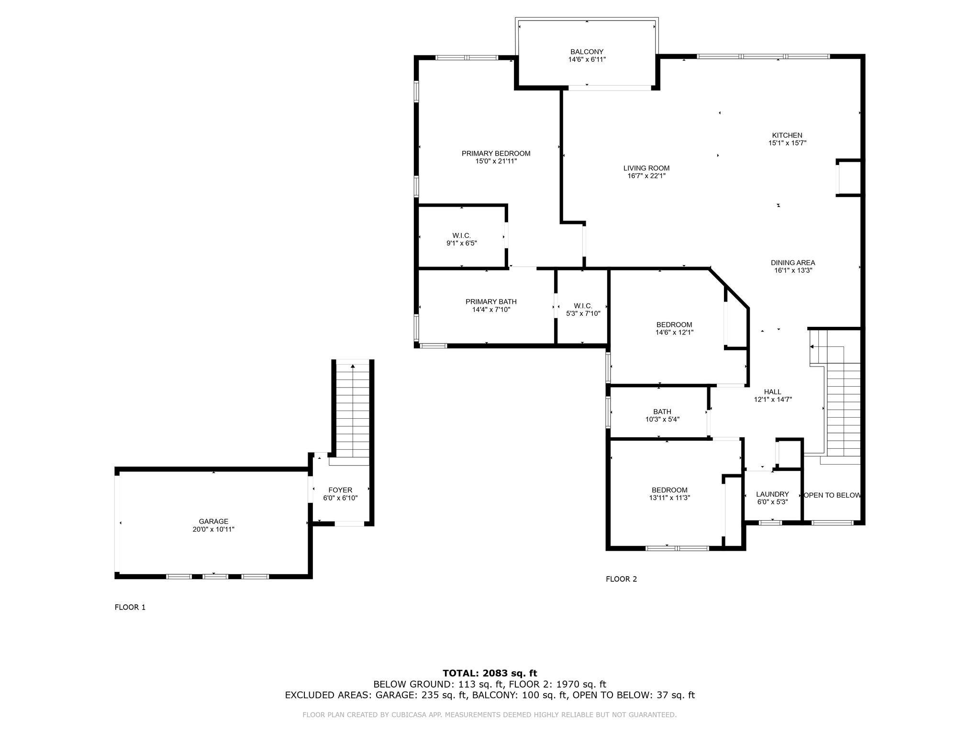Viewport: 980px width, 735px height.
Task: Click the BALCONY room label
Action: pos(587,52)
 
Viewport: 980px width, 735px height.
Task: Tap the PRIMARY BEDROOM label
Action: pos(496,154)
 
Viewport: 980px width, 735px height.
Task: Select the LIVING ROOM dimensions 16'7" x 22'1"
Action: pos(646,176)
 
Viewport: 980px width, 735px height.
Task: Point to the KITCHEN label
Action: pos(787,135)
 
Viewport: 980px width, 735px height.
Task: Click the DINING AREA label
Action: pos(793,263)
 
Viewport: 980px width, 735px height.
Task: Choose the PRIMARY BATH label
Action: pos(491,302)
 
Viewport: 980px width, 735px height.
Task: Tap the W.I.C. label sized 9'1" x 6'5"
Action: pos(462,239)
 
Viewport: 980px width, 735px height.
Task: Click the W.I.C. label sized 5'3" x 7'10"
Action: pos(583,310)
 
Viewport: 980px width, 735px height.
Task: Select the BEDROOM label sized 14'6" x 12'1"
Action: pos(674,328)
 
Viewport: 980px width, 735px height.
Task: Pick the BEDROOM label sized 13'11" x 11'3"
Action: pos(669,494)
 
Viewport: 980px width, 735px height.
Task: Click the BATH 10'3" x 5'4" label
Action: pos(662,415)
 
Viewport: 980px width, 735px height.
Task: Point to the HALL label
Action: pos(773,392)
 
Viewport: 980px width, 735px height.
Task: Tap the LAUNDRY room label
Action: pos(772,494)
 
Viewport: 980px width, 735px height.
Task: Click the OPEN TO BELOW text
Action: pos(832,495)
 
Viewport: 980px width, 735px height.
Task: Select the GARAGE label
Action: pos(213,522)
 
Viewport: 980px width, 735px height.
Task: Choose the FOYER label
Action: pos(340,490)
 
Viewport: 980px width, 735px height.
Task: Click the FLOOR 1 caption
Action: pos(130,607)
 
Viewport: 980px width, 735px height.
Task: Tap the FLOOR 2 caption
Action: pos(622,579)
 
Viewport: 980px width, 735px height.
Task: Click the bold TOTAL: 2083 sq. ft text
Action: pos(490,674)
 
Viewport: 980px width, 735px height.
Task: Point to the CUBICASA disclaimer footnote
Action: pos(490,715)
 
